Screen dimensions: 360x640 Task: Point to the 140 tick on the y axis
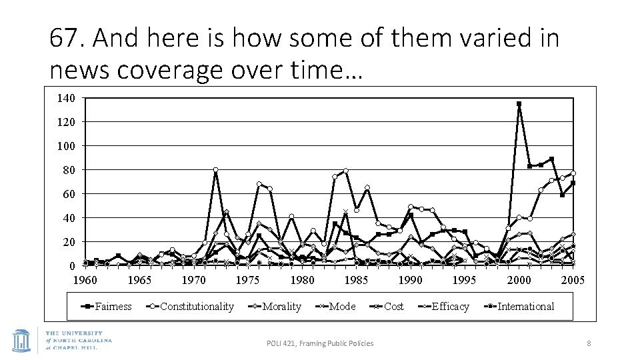coord(66,99)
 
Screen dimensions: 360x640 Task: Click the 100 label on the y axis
coord(66,146)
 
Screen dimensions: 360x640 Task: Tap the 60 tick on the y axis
coord(66,194)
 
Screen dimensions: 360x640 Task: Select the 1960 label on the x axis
coord(85,280)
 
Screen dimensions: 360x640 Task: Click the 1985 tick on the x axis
coord(356,280)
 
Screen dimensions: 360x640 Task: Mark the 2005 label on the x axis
coord(573,280)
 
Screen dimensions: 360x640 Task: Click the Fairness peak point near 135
coord(519,104)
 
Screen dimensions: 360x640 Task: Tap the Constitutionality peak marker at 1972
coord(215,170)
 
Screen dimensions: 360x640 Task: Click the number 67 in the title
coord(64,39)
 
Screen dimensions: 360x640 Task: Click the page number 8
coord(589,343)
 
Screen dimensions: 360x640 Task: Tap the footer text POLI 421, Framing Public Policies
coord(320,343)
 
